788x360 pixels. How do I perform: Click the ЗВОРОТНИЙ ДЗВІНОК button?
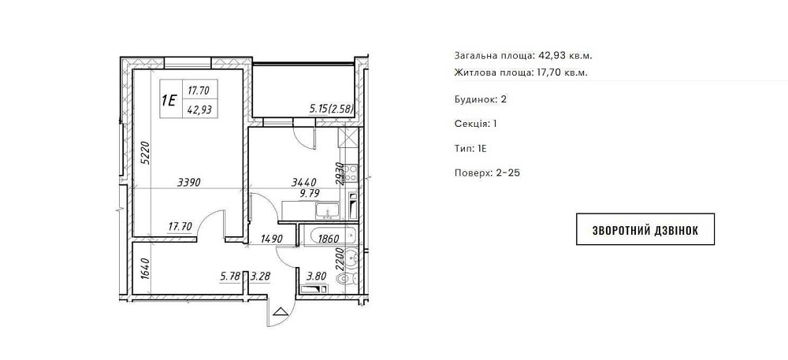tap(645, 229)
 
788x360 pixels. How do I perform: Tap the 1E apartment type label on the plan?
tap(169, 100)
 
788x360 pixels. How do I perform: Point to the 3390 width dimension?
tap(189, 183)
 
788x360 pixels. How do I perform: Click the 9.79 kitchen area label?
tap(310, 191)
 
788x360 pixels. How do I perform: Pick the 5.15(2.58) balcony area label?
tap(333, 109)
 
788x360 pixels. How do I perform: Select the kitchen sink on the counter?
tap(326, 211)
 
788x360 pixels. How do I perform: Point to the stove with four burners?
tap(351, 173)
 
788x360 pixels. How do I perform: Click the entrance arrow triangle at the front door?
tap(280, 310)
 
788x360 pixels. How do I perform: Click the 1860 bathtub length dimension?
tap(329, 239)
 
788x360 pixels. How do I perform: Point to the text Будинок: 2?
tap(480, 99)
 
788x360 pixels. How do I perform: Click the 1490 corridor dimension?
tap(273, 239)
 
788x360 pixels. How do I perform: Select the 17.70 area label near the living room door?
tap(180, 226)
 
